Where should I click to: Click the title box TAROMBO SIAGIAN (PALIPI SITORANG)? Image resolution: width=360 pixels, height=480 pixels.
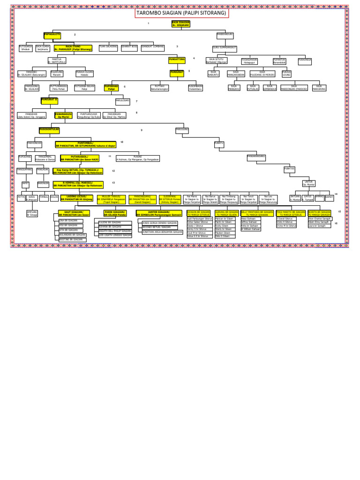[182, 13]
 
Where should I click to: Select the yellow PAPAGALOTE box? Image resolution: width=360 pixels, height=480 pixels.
[52, 35]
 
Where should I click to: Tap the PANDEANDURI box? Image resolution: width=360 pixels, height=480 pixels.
[225, 35]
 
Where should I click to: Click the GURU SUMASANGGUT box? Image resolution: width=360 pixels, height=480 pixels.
[225, 48]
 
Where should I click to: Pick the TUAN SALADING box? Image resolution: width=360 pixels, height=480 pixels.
[108, 47]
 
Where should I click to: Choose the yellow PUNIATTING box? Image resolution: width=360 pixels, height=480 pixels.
[177, 60]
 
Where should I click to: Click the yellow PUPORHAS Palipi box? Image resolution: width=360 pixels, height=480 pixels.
[111, 87]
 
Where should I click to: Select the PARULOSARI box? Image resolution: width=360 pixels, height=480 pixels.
[122, 100]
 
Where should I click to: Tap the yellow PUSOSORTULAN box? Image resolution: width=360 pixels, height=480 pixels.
[49, 129]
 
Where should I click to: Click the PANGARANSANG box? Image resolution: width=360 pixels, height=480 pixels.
[256, 156]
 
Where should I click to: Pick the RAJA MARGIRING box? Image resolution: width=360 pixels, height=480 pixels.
[319, 87]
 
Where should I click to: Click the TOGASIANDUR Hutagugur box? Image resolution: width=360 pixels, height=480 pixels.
[249, 61]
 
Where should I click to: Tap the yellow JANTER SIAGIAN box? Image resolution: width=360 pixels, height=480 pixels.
[159, 213]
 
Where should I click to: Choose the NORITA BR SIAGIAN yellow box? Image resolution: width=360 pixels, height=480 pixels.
[319, 213]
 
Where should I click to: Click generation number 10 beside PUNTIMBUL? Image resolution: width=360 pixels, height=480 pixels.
[121, 142]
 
